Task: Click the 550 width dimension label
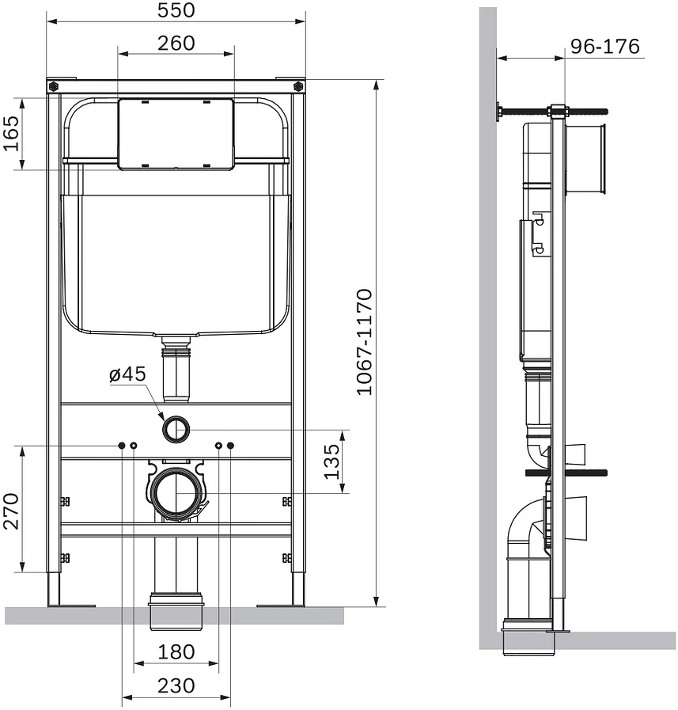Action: click(x=176, y=10)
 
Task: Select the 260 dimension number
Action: click(x=176, y=44)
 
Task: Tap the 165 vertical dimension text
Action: click(x=12, y=134)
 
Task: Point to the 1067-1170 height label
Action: click(x=365, y=342)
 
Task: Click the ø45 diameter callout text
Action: click(x=127, y=374)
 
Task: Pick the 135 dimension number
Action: click(x=331, y=461)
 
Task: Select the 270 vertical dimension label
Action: click(x=12, y=511)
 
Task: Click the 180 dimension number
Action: click(x=176, y=652)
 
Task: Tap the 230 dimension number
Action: click(x=176, y=685)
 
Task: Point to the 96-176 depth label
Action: click(x=604, y=46)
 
